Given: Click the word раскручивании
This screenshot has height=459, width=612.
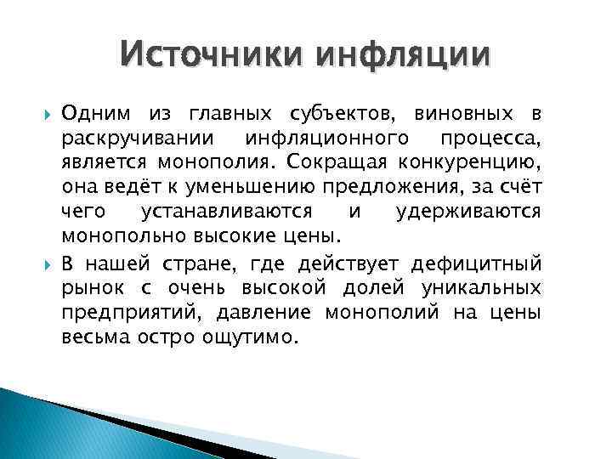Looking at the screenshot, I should click(x=124, y=137).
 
